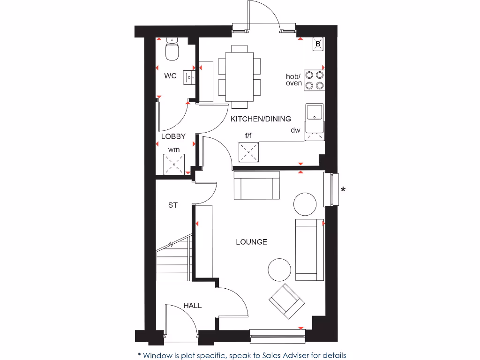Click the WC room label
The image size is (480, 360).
click(x=170, y=76)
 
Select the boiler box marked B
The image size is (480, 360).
click(x=318, y=44)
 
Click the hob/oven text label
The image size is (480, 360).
click(x=294, y=80)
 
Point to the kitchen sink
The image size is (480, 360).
click(x=314, y=112)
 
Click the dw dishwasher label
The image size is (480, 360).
click(x=295, y=130)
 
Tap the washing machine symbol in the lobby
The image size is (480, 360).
click(x=174, y=165)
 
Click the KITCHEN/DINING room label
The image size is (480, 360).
click(x=261, y=119)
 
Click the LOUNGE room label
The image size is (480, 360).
click(x=251, y=242)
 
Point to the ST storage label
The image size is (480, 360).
click(x=173, y=205)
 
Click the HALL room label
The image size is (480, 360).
click(x=193, y=306)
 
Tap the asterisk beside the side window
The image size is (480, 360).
click(x=343, y=190)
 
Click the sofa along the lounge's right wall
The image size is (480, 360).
click(x=309, y=249)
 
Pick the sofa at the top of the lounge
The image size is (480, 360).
click(x=256, y=186)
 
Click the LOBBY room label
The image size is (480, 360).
click(x=173, y=136)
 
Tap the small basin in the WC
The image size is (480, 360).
click(x=189, y=76)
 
